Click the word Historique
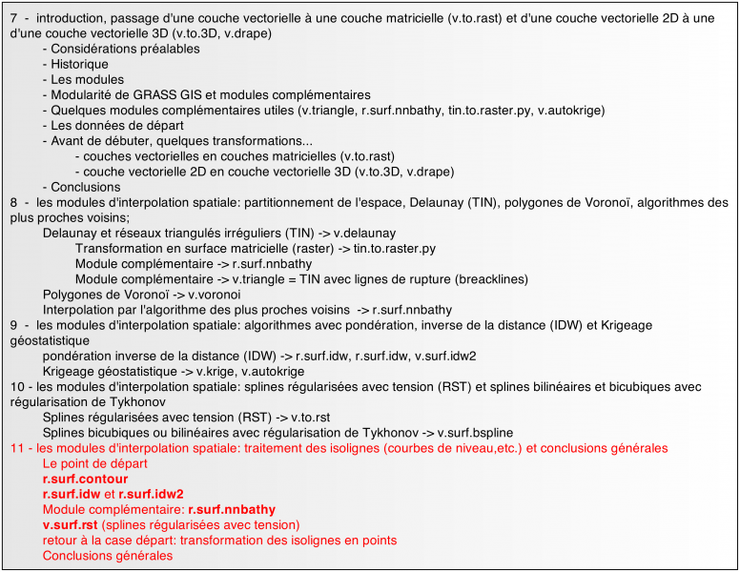(x=79, y=64)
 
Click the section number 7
(x=13, y=17)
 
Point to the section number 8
(x=13, y=202)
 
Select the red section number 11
(x=17, y=448)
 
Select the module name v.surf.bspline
(x=487, y=433)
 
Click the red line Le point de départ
(x=92, y=463)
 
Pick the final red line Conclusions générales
(x=108, y=555)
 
